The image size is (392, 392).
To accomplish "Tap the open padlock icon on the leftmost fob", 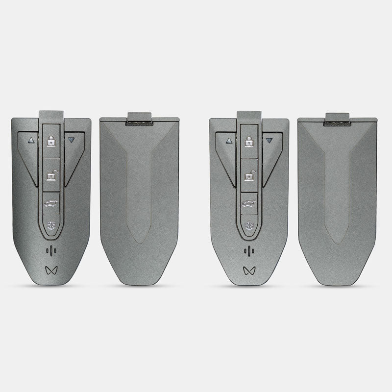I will coord(51,174).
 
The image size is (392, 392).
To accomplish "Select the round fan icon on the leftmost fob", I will coord(51,226).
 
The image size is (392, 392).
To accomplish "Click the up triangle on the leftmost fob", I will coord(30,140).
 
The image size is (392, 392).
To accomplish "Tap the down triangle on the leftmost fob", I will coord(71,140).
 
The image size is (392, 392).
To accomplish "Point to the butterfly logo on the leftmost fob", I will coord(51,269).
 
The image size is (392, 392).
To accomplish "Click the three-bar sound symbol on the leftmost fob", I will coord(51,251).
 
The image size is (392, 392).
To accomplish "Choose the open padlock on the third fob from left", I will coord(249,174).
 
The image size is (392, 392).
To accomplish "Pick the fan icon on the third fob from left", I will coord(249,226).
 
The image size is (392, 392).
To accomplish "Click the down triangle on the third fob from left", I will coord(269,141).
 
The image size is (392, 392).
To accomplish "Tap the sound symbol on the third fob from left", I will coord(249,251).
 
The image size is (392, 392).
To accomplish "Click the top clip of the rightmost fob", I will coord(337,119).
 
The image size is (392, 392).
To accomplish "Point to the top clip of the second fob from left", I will coord(139,119).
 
